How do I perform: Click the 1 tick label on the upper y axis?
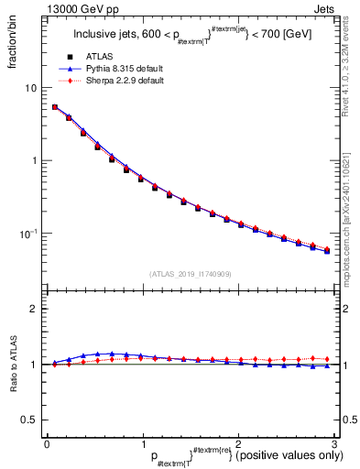(35, 161)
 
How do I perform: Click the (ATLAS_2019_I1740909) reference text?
(188, 274)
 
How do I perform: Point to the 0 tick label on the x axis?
(47, 442)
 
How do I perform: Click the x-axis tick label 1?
(142, 442)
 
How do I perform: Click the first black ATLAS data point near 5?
(55, 107)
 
